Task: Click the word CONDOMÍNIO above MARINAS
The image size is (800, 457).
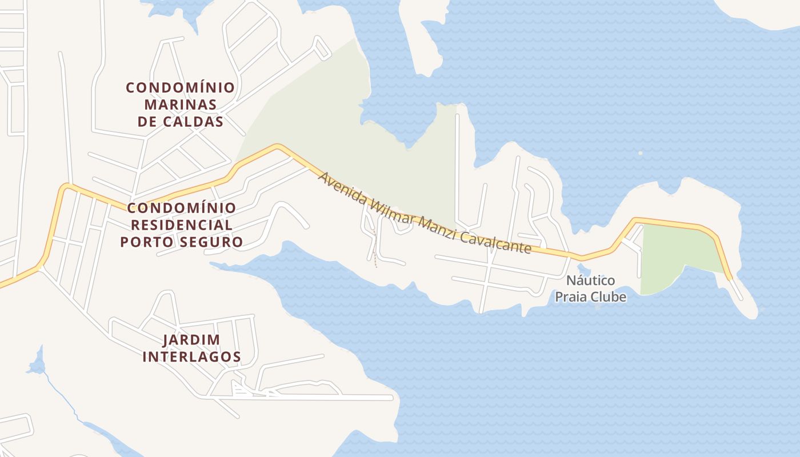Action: click(180, 87)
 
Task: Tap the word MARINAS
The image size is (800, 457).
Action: click(180, 105)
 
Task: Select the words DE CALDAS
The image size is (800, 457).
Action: click(180, 122)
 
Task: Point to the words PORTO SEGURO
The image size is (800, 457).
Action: click(182, 242)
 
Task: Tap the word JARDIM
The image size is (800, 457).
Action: click(191, 340)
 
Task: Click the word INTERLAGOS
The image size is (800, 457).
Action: click(191, 357)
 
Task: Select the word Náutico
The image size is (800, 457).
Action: click(591, 280)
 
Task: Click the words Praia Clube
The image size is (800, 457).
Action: click(591, 297)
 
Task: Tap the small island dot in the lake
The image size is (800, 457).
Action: click(640, 153)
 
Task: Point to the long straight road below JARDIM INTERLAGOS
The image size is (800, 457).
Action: click(320, 397)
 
